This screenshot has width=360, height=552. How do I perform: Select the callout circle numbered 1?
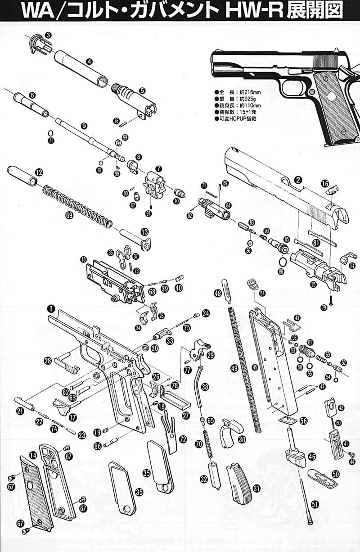click(x=51, y=309)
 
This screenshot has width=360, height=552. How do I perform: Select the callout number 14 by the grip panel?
click(x=33, y=456)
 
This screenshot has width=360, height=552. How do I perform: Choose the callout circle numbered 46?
click(x=311, y=457)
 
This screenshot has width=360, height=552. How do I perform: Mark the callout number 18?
click(x=83, y=260)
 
